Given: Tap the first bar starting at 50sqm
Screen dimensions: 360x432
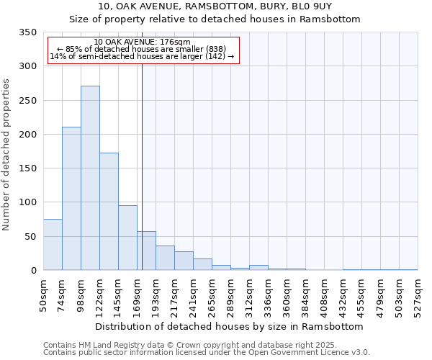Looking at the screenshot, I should pyautogui.click(x=53, y=245).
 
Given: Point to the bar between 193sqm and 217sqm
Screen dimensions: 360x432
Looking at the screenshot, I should pyautogui.click(x=165, y=258).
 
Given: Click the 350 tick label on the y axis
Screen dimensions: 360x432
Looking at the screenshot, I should pyautogui.click(x=27, y=32).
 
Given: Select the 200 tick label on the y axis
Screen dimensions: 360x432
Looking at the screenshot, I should pyautogui.click(x=27, y=135).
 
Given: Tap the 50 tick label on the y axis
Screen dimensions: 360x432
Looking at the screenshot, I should pyautogui.click(x=30, y=237).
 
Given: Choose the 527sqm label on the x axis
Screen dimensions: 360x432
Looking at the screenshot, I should pyautogui.click(x=418, y=296).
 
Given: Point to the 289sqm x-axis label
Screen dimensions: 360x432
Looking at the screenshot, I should pyautogui.click(x=231, y=296).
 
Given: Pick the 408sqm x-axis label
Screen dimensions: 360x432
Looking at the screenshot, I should pyautogui.click(x=325, y=296).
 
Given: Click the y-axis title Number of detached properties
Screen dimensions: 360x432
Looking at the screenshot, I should pyautogui.click(x=6, y=156).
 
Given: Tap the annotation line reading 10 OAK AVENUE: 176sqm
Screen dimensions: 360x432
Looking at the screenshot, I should pyautogui.click(x=142, y=42).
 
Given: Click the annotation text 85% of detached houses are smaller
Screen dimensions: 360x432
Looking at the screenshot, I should pyautogui.click(x=142, y=49).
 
